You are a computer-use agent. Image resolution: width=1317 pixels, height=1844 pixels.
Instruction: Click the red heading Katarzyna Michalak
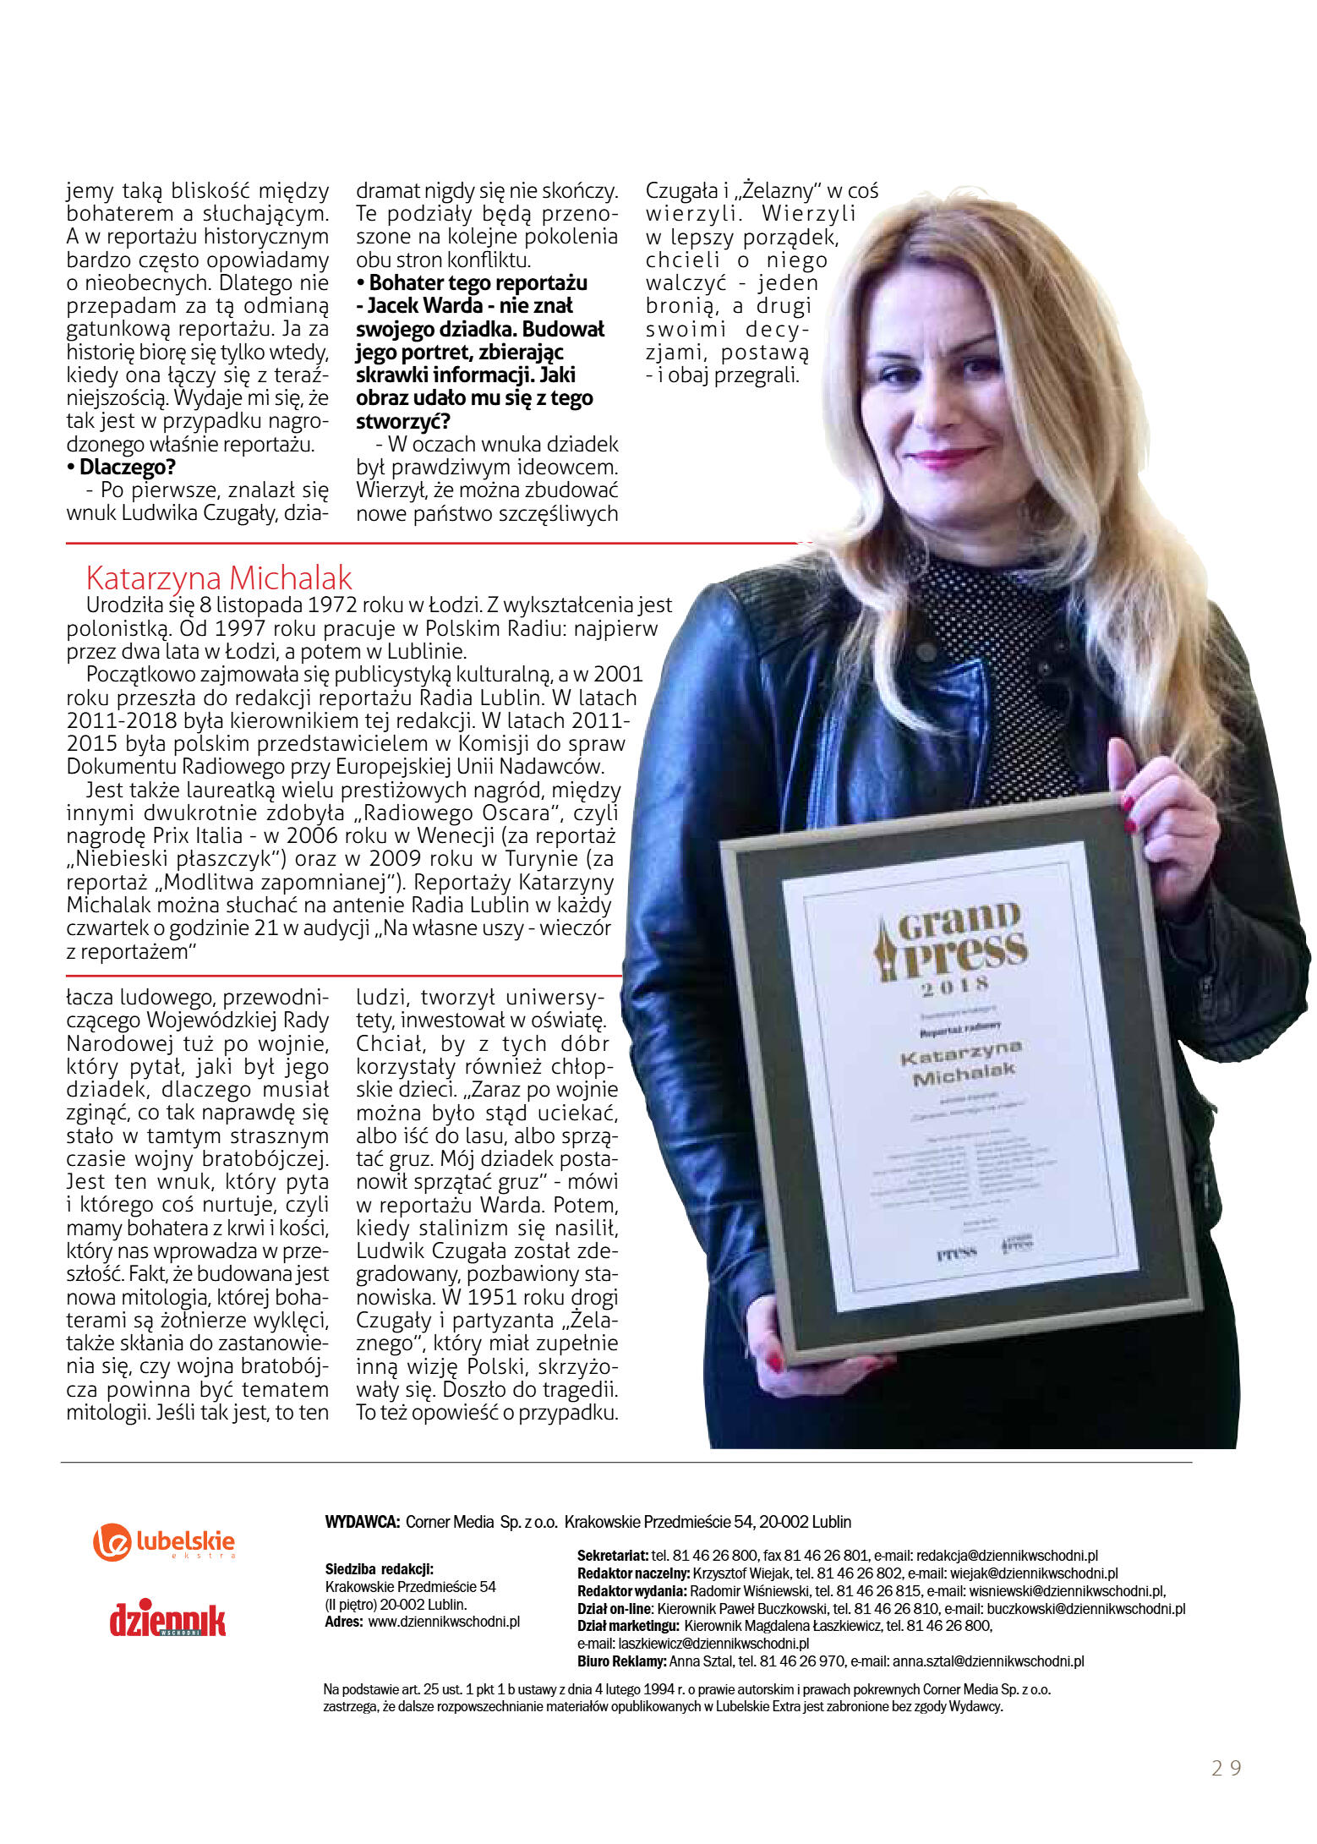click(x=219, y=578)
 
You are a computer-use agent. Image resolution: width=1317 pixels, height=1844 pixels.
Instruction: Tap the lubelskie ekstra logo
click(x=164, y=1542)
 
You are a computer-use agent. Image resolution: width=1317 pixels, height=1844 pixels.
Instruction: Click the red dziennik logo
click(x=167, y=1618)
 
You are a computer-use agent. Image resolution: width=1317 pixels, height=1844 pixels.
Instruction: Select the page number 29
click(x=1226, y=1769)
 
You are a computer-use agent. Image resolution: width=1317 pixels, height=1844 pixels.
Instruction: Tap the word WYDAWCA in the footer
click(x=361, y=1522)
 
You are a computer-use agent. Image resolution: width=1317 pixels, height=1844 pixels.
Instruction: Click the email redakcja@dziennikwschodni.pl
click(x=1007, y=1556)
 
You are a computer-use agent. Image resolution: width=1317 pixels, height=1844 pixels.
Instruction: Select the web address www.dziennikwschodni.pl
click(x=444, y=1622)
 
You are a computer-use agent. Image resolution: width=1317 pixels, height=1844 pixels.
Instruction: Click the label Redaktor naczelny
click(x=633, y=1573)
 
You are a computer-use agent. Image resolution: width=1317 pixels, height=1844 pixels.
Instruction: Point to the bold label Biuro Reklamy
click(x=621, y=1661)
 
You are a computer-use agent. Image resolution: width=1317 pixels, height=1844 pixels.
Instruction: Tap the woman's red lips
click(x=947, y=457)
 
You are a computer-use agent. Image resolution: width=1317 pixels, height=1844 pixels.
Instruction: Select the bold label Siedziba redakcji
click(x=379, y=1569)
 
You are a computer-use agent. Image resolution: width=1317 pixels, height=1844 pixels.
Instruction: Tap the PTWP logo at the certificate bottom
click(x=957, y=1253)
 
